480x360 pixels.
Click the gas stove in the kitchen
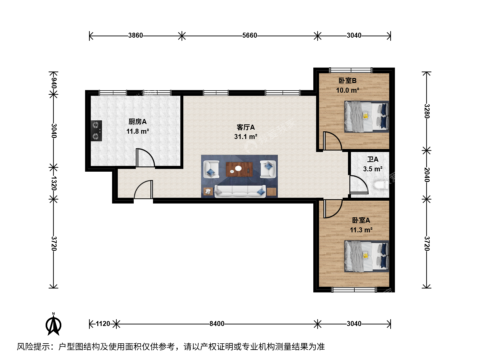coord(96,131)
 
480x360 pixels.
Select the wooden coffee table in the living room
coord(239,169)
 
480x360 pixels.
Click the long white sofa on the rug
coord(240,191)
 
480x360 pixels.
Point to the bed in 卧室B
coord(367,117)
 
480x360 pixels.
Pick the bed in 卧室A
coord(367,256)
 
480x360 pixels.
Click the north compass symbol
coord(53,324)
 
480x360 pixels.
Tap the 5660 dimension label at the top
coord(250,35)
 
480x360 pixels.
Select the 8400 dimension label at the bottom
coord(217,324)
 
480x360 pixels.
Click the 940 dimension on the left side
coord(54,83)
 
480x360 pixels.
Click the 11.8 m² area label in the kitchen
coord(138,131)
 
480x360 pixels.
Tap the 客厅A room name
coord(246,127)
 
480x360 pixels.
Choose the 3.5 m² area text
coord(373,169)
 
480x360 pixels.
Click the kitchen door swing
coord(145,158)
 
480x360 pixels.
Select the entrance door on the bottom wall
coord(143,190)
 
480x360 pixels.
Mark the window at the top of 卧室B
coord(351,70)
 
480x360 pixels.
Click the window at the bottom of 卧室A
coord(354,290)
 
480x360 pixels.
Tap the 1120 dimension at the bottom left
coord(103,324)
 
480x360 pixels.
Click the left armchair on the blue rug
coord(211,169)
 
